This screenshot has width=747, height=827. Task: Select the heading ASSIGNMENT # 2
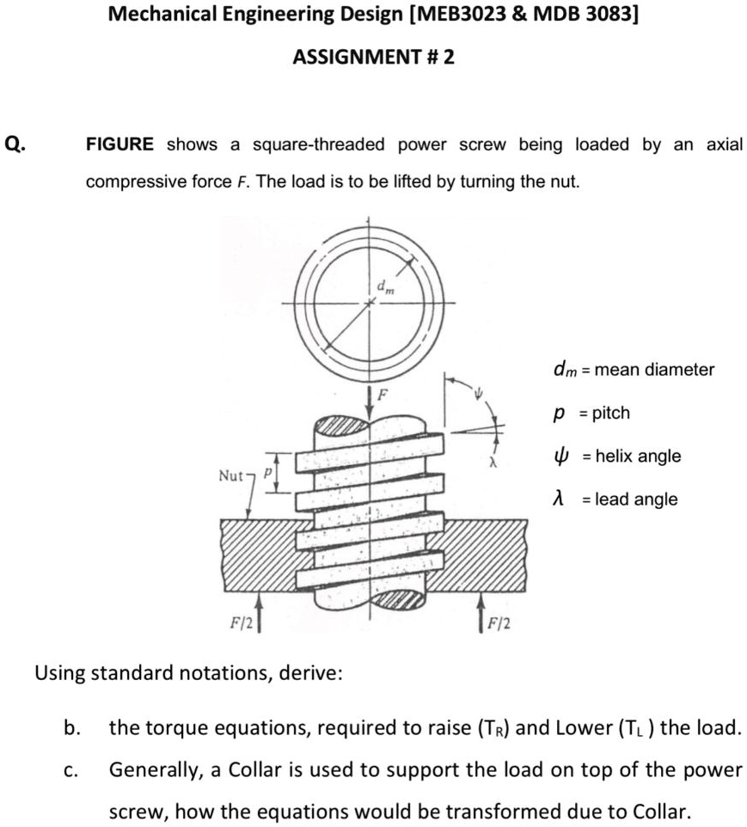pyautogui.click(x=373, y=58)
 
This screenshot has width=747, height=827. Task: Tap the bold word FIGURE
pyautogui.click(x=120, y=144)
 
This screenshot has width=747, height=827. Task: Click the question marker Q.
pyautogui.click(x=15, y=144)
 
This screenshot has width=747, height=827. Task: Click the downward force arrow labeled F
pyautogui.click(x=370, y=404)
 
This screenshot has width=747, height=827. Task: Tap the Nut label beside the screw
pyautogui.click(x=232, y=474)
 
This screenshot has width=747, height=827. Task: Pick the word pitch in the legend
pyautogui.click(x=611, y=413)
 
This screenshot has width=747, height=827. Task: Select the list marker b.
pyautogui.click(x=72, y=729)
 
